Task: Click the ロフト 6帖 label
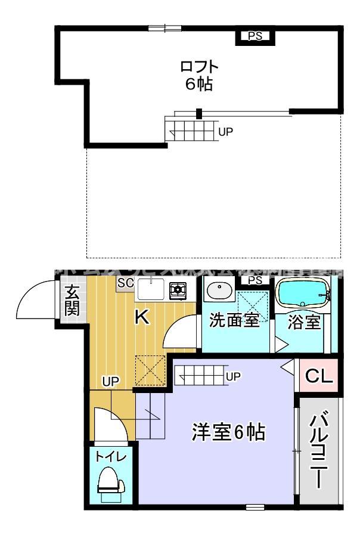tap(198, 75)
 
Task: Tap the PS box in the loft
tap(255, 36)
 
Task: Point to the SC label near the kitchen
tap(125, 283)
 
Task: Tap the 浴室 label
tap(304, 322)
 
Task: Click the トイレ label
tap(111, 457)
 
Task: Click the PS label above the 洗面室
tap(255, 280)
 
